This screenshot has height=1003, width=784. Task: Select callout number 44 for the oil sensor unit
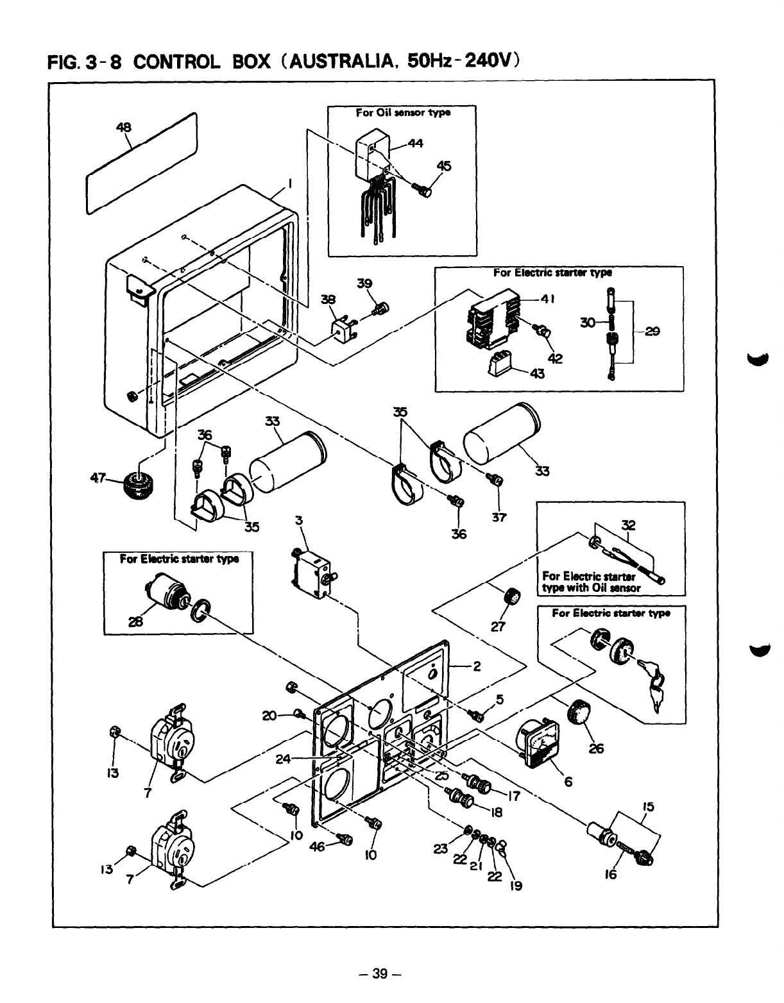pyautogui.click(x=415, y=144)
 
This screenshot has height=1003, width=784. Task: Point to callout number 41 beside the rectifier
pyautogui.click(x=547, y=299)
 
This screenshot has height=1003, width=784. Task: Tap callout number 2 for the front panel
pyautogui.click(x=476, y=666)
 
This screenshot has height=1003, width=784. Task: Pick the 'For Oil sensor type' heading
pyautogui.click(x=403, y=112)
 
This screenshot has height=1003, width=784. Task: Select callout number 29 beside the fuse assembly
pyautogui.click(x=653, y=332)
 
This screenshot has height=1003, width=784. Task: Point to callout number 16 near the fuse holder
pyautogui.click(x=610, y=873)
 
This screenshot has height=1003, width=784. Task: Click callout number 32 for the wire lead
pyautogui.click(x=628, y=526)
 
